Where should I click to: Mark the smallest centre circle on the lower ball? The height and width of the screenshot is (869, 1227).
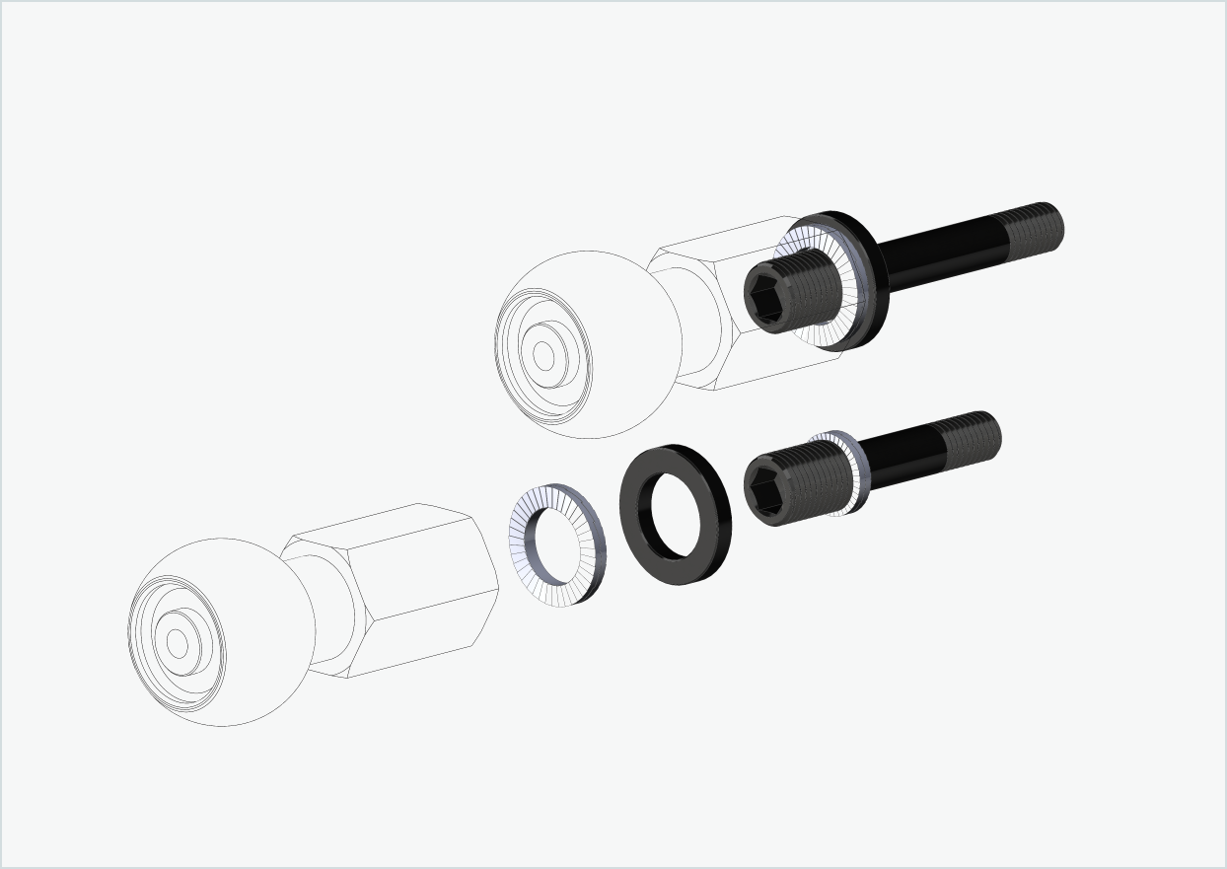(x=178, y=643)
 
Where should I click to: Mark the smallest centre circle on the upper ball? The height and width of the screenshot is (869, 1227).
(x=543, y=356)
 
